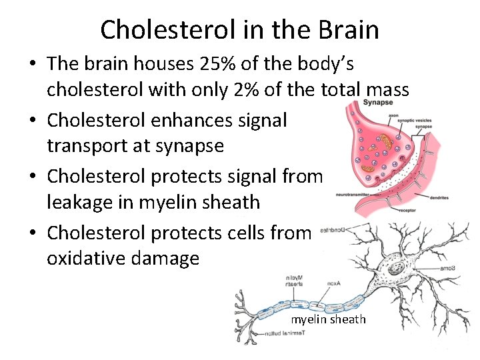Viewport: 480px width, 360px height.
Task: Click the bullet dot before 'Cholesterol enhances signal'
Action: pos(32,121)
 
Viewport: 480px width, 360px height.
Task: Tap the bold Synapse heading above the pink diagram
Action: pos(378,103)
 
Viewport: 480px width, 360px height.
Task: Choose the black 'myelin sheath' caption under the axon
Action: pos(328,319)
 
